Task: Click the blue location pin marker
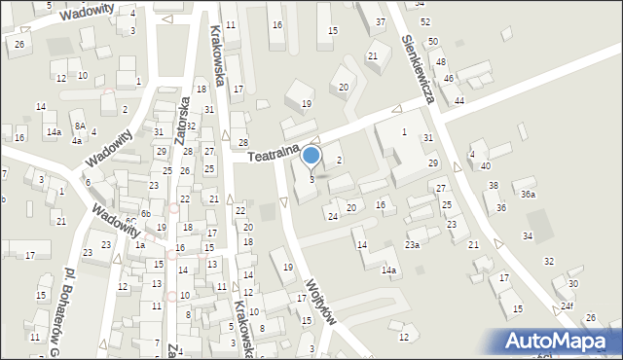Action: click(x=311, y=156)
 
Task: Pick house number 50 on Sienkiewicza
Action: click(x=433, y=41)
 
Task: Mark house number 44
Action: click(x=458, y=101)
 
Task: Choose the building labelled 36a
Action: click(x=528, y=195)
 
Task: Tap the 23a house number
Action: click(x=413, y=244)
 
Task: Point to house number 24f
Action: click(x=567, y=306)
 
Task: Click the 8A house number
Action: click(x=81, y=126)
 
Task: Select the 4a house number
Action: click(x=76, y=140)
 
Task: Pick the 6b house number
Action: click(x=145, y=213)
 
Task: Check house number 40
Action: click(x=485, y=165)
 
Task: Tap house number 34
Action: click(x=528, y=235)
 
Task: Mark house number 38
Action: click(x=494, y=185)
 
